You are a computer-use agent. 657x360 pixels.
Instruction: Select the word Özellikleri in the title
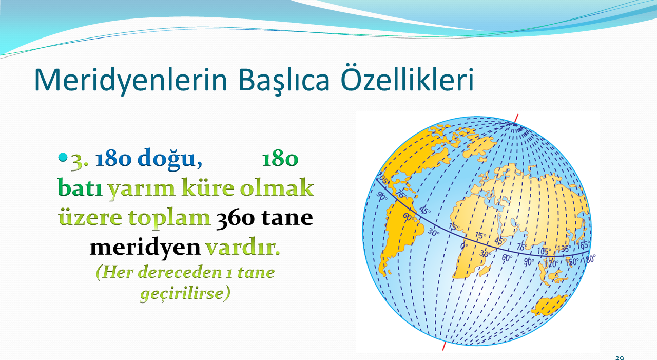pos(407,78)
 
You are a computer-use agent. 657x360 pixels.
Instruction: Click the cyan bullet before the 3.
pos(63,158)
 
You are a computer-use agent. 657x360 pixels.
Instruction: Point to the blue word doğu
pos(170,159)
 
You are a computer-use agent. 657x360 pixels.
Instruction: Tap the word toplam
pos(169,219)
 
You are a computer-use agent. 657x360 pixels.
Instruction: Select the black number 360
pos(235,218)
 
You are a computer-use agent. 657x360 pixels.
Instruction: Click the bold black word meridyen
pos(145,249)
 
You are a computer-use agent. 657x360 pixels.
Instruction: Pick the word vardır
pos(243,248)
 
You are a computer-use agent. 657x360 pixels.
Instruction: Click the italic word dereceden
pos(180,272)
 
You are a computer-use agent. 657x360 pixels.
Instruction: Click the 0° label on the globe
pos(464,246)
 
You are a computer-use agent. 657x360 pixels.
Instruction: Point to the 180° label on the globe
pos(589,259)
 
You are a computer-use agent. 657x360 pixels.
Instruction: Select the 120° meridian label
pos(551,264)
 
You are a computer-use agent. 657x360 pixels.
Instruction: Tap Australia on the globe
pos(550,306)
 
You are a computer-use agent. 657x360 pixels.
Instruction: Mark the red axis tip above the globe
pos(518,114)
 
